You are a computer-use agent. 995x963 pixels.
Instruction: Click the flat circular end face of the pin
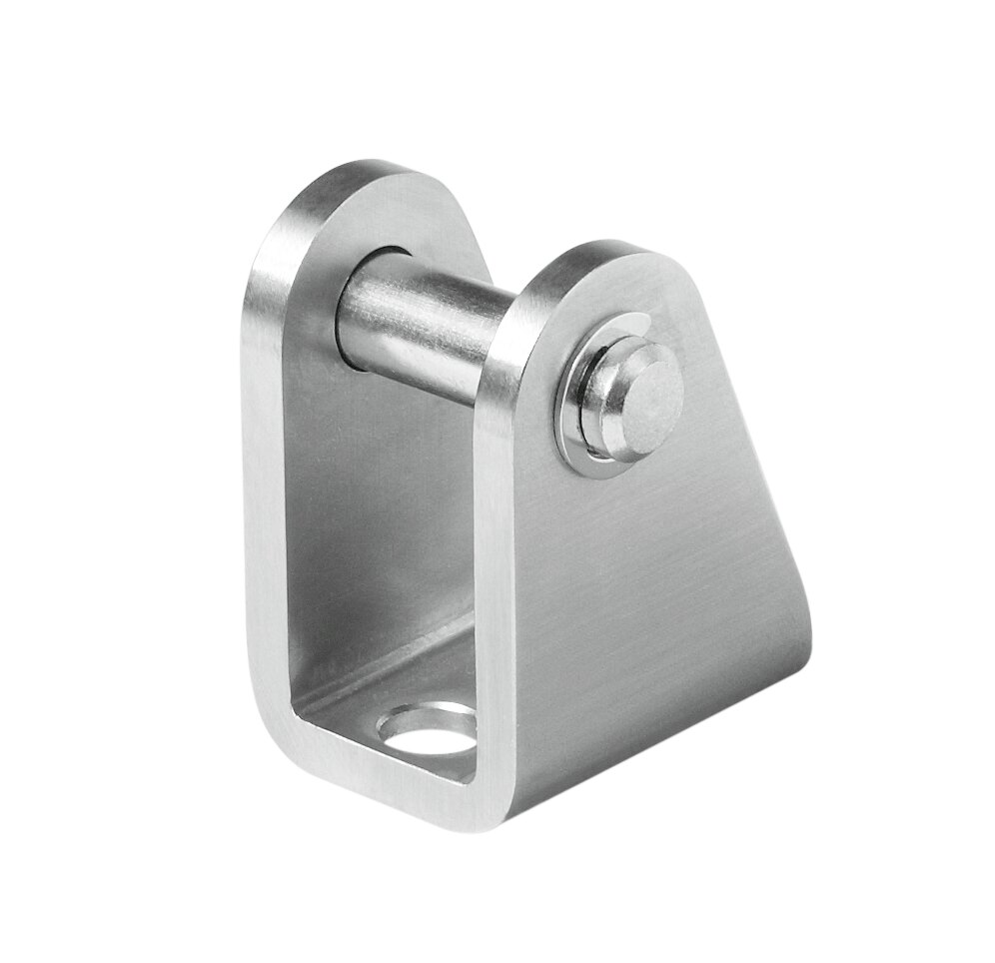point(650,401)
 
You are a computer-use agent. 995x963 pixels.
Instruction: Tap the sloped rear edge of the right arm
point(759,450)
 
